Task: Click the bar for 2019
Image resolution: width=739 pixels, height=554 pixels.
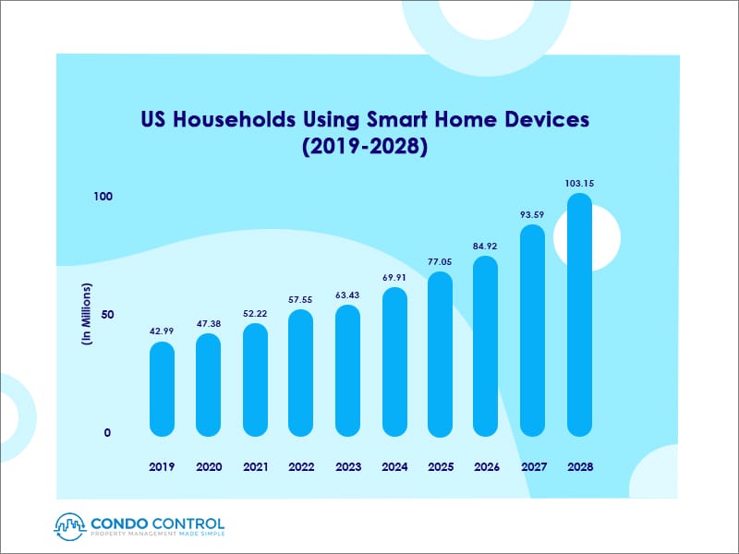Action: pyautogui.click(x=162, y=389)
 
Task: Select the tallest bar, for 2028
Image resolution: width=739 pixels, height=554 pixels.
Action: pyautogui.click(x=579, y=314)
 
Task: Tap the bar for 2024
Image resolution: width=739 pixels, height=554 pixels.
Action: pyautogui.click(x=394, y=361)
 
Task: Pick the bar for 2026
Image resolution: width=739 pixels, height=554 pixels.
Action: pyautogui.click(x=486, y=345)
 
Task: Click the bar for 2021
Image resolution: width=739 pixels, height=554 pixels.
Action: pyautogui.click(x=255, y=379)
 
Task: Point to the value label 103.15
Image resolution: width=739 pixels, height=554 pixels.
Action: pyautogui.click(x=579, y=183)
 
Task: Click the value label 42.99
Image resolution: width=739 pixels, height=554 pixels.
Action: pyautogui.click(x=162, y=331)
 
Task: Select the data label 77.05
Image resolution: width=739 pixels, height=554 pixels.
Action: pyautogui.click(x=441, y=261)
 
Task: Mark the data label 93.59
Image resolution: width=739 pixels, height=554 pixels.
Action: pyautogui.click(x=533, y=215)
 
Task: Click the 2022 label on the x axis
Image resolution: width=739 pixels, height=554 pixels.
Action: pyautogui.click(x=301, y=467)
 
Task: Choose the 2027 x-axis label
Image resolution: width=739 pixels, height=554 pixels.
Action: pyautogui.click(x=533, y=467)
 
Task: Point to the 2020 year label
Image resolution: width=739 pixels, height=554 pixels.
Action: pyautogui.click(x=209, y=467)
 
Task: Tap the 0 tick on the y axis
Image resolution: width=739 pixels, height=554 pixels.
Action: pyautogui.click(x=107, y=432)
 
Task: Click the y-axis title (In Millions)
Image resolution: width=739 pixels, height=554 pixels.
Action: pyautogui.click(x=86, y=314)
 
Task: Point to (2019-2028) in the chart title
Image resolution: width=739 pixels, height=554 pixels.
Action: pyautogui.click(x=364, y=147)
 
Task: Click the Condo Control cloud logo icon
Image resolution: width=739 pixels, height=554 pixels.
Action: pyautogui.click(x=69, y=524)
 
